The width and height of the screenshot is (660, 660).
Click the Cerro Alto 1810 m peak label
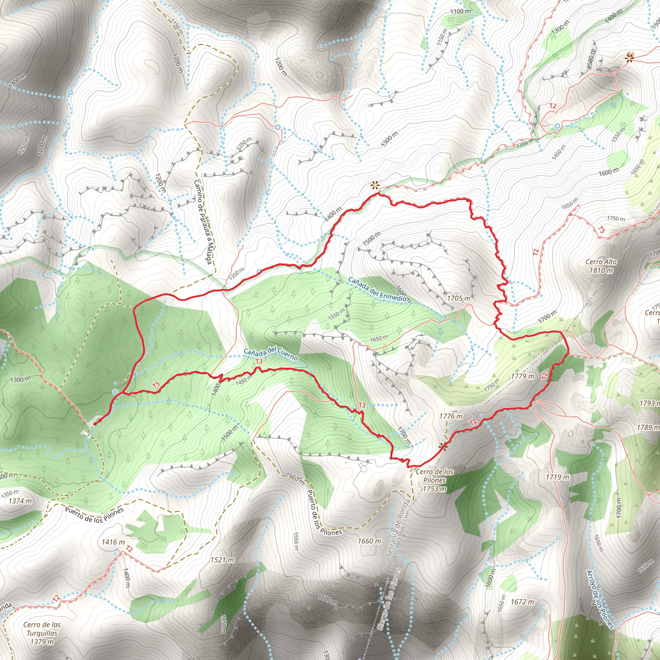601,266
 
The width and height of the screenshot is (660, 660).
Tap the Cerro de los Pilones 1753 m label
434,480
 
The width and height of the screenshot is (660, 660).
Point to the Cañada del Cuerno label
271,353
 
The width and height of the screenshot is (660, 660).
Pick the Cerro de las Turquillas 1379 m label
42,633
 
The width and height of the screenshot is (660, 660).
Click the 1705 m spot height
459,298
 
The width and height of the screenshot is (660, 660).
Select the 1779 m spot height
522,376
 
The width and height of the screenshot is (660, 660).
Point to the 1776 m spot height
451,416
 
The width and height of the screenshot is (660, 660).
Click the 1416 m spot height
113,542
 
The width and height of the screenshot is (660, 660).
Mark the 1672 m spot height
522,602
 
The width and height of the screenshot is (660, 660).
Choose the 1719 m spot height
557,477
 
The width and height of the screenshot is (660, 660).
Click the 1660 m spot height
369,541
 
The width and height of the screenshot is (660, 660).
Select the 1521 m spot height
222,560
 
